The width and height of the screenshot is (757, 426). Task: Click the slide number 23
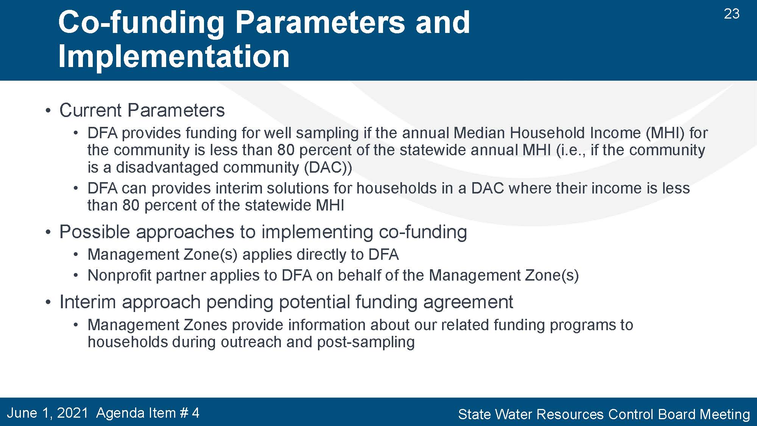(732, 14)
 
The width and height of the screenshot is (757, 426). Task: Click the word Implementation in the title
(174, 56)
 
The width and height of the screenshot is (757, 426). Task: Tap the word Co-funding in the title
(141, 22)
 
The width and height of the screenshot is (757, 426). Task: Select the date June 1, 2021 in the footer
(47, 413)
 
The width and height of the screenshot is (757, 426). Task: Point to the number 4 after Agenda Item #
(195, 413)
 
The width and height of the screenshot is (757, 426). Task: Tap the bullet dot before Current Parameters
(48, 111)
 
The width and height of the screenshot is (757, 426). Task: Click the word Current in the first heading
(91, 111)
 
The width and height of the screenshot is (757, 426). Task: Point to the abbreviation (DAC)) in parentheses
(328, 167)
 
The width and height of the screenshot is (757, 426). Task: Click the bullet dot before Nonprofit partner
(76, 276)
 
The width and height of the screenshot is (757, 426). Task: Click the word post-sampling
(366, 342)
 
